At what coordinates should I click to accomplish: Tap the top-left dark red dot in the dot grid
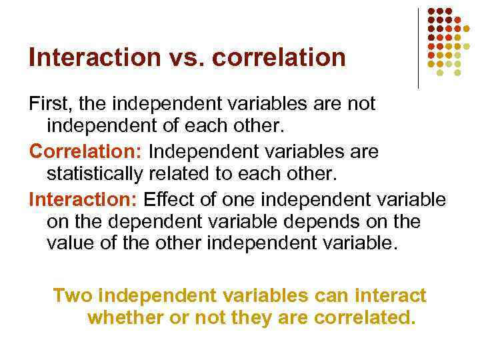(431, 11)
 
